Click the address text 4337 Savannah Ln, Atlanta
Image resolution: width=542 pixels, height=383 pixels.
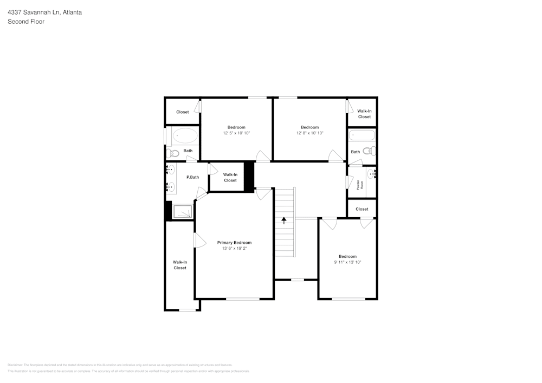coord(44,12)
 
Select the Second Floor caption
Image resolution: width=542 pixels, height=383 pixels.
coord(26,22)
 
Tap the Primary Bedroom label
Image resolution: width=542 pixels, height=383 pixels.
coord(234,243)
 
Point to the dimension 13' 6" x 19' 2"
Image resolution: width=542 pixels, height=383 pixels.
coord(234,249)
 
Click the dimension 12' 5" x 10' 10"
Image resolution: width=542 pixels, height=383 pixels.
coord(236,133)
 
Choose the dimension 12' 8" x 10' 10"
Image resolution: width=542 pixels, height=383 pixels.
coord(309,133)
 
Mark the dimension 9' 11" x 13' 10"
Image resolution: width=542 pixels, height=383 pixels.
coord(347,262)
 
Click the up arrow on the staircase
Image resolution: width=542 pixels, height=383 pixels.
coord(283,220)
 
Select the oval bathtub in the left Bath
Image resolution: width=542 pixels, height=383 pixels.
coord(185,135)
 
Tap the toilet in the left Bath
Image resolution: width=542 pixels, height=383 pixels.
coord(170,153)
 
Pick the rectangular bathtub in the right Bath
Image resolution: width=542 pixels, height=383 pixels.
coord(362,135)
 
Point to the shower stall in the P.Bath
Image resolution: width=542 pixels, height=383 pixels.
coord(183,211)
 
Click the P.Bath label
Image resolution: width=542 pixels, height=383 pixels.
coord(192,177)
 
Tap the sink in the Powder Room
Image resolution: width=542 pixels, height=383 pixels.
coord(371,173)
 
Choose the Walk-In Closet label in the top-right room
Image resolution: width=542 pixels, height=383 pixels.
coord(364,114)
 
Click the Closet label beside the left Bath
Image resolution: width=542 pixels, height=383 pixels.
coord(183,112)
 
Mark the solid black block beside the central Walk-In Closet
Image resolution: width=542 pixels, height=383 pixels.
coord(249,176)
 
